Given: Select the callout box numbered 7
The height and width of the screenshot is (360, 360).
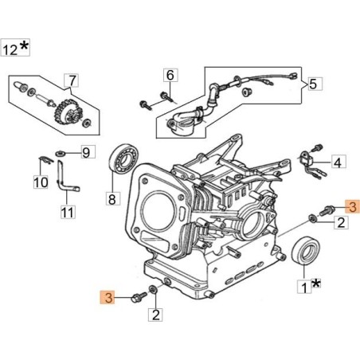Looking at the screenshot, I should [72, 80].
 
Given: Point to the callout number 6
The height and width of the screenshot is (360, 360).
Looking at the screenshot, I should [170, 76].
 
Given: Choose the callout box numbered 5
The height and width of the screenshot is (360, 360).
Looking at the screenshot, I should [313, 83].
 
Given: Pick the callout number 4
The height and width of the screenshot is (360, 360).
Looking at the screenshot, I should [338, 162].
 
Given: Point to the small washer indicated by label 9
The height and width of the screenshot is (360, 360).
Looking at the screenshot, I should [61, 151].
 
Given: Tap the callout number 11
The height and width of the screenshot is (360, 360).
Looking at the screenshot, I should [67, 212].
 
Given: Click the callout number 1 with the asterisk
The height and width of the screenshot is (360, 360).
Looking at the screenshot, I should [303, 283].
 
